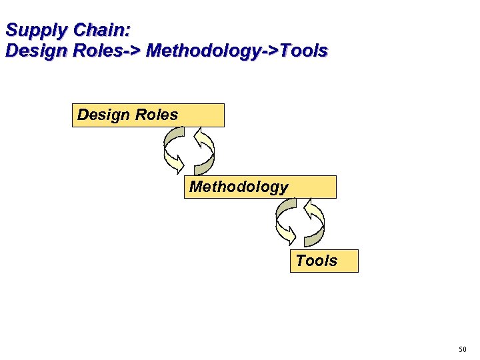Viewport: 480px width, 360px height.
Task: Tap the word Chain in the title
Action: pyautogui.click(x=99, y=31)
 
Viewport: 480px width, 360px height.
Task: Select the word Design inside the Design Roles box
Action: pyautogui.click(x=103, y=115)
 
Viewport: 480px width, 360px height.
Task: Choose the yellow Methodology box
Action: pyautogui.click(x=260, y=187)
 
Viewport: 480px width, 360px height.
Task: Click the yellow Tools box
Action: pyautogui.click(x=324, y=261)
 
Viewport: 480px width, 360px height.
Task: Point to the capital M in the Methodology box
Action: pyautogui.click(x=197, y=187)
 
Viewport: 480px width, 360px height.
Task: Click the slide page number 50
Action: pyautogui.click(x=463, y=349)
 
